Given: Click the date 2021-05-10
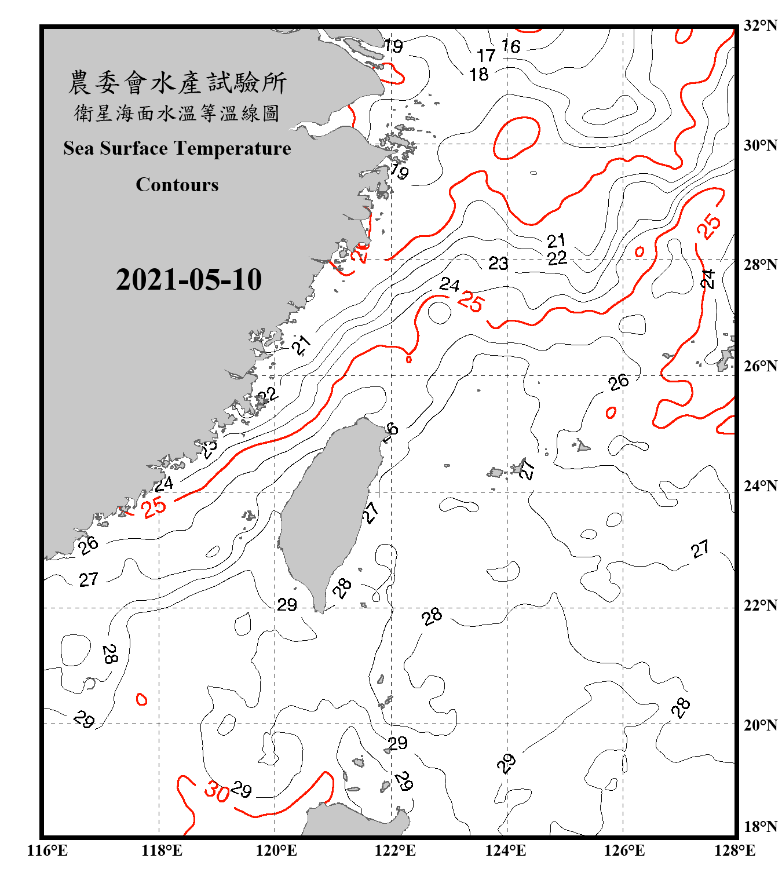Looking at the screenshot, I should click(189, 280).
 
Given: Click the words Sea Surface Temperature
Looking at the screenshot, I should click(177, 148).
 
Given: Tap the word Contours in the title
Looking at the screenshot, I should click(177, 185).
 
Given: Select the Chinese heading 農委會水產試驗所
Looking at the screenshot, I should click(177, 83).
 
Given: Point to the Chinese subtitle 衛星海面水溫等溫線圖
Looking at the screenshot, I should click(177, 113).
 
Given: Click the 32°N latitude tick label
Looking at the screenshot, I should click(761, 25).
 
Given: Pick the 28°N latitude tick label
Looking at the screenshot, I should click(761, 265).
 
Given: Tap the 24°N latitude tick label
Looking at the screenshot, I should click(761, 486).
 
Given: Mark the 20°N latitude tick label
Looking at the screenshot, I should click(761, 725).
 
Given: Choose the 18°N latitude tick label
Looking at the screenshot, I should click(761, 827).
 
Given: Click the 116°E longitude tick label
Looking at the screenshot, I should click(47, 850).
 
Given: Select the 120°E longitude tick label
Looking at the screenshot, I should click(276, 850).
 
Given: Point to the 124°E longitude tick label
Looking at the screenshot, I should click(506, 850).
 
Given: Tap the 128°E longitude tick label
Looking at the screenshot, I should click(735, 850).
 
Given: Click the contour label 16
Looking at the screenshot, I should click(511, 46).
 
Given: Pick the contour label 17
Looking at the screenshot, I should click(486, 56).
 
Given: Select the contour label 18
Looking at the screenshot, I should click(479, 75).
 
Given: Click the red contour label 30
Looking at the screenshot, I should click(217, 791).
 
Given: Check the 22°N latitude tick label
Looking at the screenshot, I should click(761, 605).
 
